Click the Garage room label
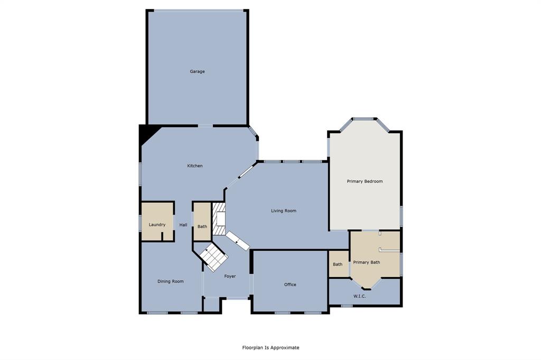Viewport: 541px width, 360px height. (197, 71)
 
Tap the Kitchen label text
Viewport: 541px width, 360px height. (194, 166)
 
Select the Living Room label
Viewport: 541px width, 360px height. (283, 211)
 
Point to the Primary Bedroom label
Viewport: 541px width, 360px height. (365, 181)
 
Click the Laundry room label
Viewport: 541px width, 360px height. (157, 224)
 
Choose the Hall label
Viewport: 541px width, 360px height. (183, 224)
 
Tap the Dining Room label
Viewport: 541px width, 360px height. (171, 281)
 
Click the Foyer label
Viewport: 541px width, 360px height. (230, 276)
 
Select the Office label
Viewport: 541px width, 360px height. (290, 285)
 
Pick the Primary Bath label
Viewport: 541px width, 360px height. (366, 262)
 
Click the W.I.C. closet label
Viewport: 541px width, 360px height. (359, 296)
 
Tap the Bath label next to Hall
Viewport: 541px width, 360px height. (202, 226)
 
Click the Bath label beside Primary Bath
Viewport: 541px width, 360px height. (337, 264)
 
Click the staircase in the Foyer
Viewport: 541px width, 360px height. (214, 257)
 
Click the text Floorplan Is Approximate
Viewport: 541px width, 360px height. (270, 347)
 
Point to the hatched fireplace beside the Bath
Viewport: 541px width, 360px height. (218, 219)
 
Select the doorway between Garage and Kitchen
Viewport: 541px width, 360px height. (206, 125)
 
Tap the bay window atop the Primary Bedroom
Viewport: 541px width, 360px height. (363, 119)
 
